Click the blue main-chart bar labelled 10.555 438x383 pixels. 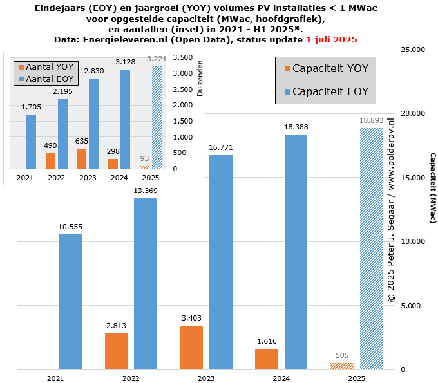pyautogui.click(x=70, y=302)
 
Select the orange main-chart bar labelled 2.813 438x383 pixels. pyautogui.click(x=116, y=351)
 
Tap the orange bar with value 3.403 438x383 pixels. pyautogui.click(x=191, y=348)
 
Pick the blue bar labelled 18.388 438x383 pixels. pyautogui.click(x=296, y=252)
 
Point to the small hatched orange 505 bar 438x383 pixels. pyautogui.click(x=341, y=366)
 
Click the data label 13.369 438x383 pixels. pyautogui.click(x=146, y=190)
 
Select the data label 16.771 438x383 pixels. pyautogui.click(x=221, y=147)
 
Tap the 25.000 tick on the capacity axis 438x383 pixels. pyautogui.click(x=413, y=50)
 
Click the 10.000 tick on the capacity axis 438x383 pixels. pyautogui.click(x=413, y=242)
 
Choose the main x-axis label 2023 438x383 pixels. pyautogui.click(x=206, y=378)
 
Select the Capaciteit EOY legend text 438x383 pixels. pyautogui.click(x=330, y=92)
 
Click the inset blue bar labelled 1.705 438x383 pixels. pyautogui.click(x=32, y=142)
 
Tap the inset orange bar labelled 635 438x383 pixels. pyautogui.click(x=81, y=158)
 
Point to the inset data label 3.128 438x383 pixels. pyautogui.click(x=125, y=62)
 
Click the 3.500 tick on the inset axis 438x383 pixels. pyautogui.click(x=184, y=57)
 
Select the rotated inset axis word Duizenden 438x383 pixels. pyautogui.click(x=200, y=79)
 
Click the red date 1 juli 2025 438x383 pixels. pyautogui.click(x=331, y=40)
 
